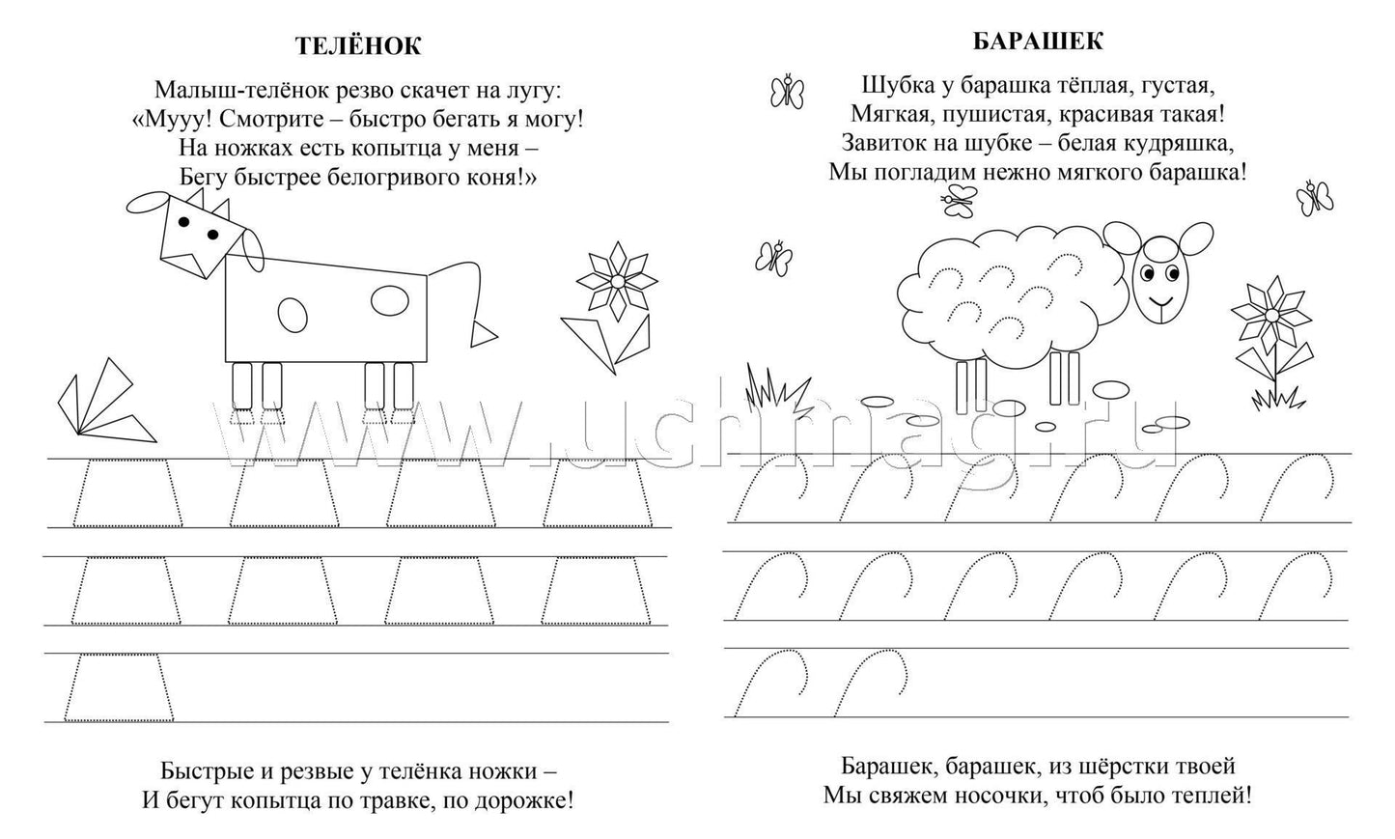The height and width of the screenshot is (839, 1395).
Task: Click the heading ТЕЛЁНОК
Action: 358,45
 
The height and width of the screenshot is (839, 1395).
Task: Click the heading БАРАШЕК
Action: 1038,42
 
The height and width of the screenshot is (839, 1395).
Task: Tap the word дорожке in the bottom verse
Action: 524,799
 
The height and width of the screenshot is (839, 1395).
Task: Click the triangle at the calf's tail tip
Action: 483,334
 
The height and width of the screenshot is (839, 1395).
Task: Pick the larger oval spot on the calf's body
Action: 390,300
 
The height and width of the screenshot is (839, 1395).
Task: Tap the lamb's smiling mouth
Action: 1159,303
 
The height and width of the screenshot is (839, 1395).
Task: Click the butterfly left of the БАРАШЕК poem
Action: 787,92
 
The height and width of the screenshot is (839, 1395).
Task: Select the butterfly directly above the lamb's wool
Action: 959,200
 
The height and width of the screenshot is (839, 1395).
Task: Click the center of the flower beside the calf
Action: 617,282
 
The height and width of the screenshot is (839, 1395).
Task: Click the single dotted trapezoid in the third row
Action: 119,687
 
